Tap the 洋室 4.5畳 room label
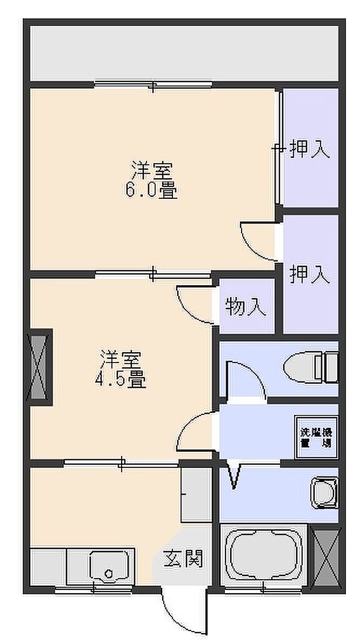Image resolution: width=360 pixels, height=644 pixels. pos(120,368)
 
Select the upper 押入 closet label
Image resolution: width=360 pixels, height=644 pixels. pos(309,149)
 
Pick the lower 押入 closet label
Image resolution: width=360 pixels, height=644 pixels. pos(309,274)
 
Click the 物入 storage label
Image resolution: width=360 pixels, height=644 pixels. pos(246,307)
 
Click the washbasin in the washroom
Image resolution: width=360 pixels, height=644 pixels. pos(324,492)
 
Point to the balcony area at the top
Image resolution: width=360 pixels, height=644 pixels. pos(184,52)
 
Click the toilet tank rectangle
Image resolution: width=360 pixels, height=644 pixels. pos(330,368)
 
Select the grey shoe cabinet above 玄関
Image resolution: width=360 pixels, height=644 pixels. pos(195,494)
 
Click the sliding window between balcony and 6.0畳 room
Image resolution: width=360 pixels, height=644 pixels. pos(154,85)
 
